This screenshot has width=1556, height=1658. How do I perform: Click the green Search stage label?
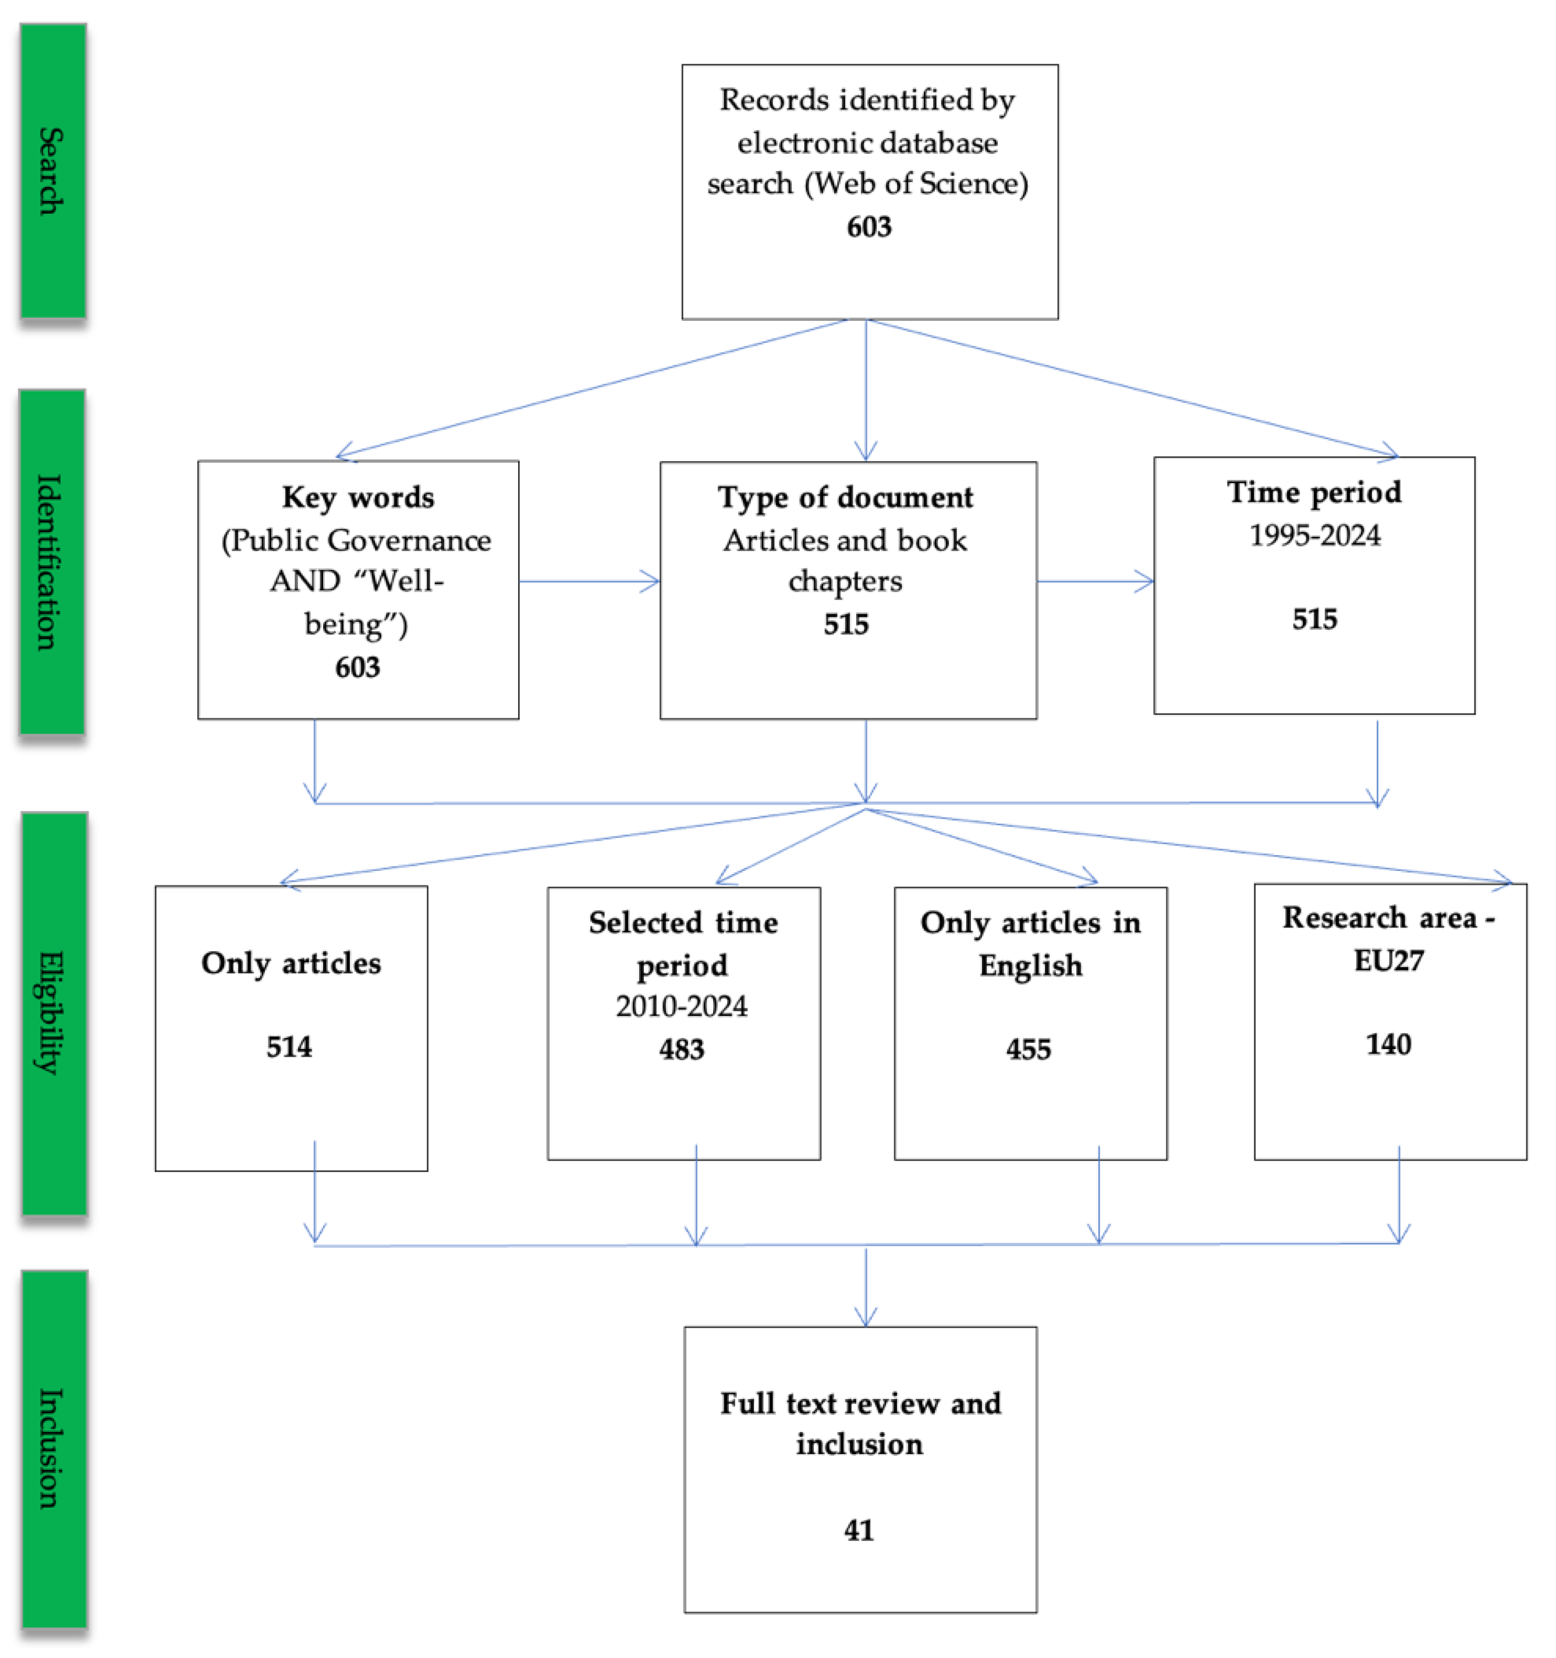(52, 171)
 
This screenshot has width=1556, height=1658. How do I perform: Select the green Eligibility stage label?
(54, 1014)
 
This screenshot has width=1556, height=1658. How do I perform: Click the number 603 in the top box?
(869, 227)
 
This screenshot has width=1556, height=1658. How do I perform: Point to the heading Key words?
(358, 497)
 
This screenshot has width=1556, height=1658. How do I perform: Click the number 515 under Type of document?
(846, 624)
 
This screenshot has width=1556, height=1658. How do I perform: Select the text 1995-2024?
(1314, 536)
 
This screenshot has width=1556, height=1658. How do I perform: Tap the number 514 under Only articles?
(289, 1047)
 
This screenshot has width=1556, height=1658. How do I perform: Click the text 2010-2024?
(681, 1007)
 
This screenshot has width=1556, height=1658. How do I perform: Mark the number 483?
(681, 1049)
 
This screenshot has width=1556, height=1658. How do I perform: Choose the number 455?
(1028, 1049)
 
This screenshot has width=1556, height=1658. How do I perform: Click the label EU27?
(1388, 961)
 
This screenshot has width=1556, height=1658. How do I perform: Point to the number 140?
(1388, 1044)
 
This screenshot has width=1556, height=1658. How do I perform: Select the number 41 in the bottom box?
(859, 1531)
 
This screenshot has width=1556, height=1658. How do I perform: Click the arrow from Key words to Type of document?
(589, 582)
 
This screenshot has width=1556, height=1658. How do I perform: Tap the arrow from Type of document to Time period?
(1095, 582)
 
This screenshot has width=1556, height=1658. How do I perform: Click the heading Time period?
(1314, 492)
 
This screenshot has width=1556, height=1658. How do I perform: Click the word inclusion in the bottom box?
(859, 1444)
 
